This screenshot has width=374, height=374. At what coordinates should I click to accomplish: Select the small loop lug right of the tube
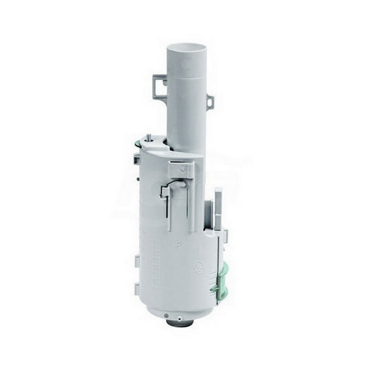click(210, 101)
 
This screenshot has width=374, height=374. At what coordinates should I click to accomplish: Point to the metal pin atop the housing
click(148, 137)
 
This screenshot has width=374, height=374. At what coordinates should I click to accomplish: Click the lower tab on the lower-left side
click(136, 288)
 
